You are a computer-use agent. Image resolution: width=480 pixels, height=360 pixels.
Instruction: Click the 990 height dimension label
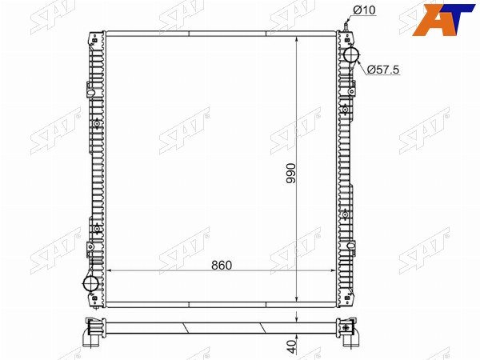point(291,174)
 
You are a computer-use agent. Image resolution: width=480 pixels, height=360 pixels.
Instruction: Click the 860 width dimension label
point(222,266)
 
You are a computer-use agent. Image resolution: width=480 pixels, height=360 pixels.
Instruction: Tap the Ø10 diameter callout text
point(364,10)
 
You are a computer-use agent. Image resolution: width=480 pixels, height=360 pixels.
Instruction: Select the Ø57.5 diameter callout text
point(383,70)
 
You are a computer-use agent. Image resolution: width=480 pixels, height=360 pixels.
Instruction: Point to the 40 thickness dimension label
point(292,346)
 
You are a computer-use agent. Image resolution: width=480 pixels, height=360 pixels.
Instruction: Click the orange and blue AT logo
point(443,19)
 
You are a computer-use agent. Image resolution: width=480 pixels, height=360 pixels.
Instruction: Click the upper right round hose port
point(352,55)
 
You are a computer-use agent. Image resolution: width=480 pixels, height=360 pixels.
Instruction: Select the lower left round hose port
point(91,283)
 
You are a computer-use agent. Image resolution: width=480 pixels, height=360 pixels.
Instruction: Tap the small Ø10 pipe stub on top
point(346,26)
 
